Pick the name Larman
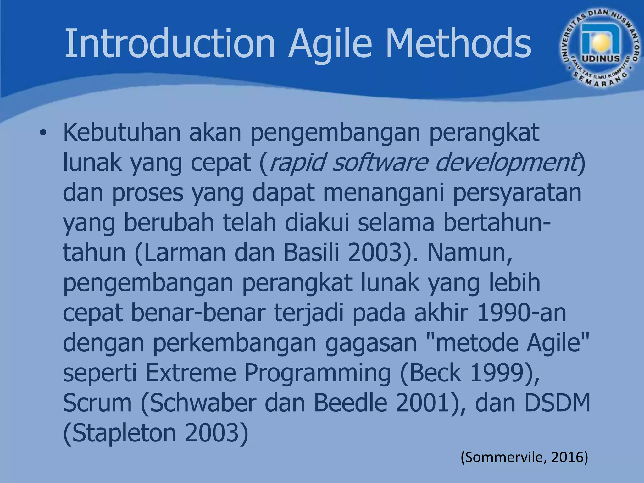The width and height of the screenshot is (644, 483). (x=185, y=253)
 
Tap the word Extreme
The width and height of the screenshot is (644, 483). (x=191, y=373)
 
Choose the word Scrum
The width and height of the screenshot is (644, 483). (x=97, y=403)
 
